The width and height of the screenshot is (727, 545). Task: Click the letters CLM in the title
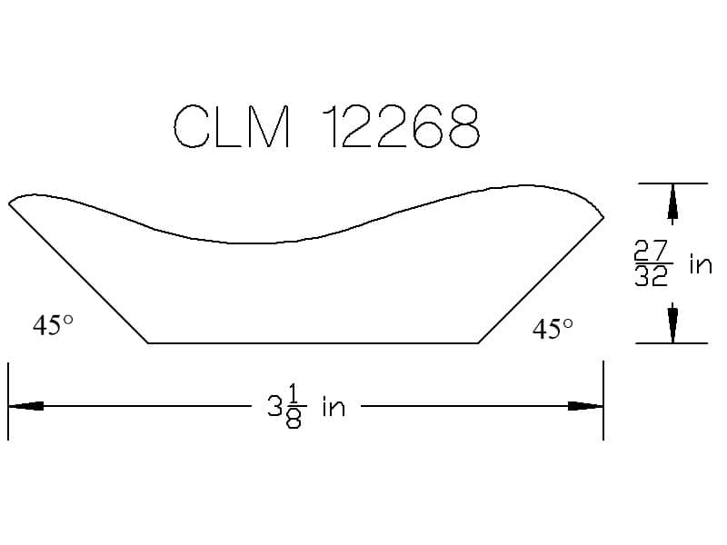click(x=232, y=126)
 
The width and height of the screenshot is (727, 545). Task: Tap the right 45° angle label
click(x=553, y=329)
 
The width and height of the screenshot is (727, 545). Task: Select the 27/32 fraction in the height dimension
click(x=652, y=263)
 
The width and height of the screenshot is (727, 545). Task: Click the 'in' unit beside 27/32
click(x=701, y=263)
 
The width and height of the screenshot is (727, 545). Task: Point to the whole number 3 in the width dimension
click(x=274, y=406)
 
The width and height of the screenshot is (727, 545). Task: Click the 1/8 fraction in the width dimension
click(x=294, y=408)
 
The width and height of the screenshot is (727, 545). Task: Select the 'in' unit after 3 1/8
click(x=334, y=406)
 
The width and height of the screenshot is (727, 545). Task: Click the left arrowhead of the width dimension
click(x=26, y=406)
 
